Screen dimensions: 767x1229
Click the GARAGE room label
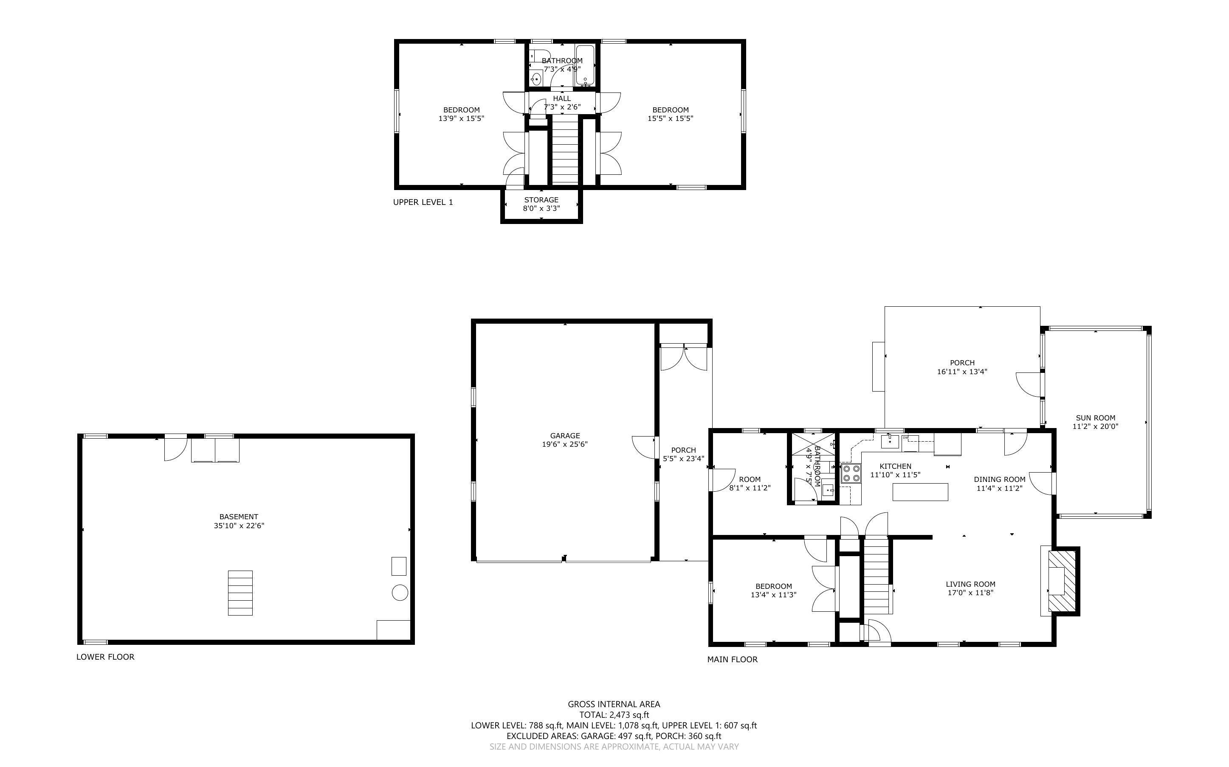[564, 435]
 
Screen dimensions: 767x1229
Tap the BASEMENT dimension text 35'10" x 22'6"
[239, 526]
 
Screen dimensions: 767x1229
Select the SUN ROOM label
[1095, 418]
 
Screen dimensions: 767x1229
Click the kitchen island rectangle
[920, 492]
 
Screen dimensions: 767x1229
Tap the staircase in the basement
[240, 593]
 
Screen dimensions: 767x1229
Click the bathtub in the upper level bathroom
[585, 65]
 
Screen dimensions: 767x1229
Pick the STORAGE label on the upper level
[541, 200]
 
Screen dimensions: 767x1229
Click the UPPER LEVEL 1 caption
[423, 202]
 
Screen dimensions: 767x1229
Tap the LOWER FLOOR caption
[105, 656]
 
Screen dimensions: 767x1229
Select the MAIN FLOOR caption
[732, 659]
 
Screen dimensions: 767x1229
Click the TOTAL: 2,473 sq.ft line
[614, 715]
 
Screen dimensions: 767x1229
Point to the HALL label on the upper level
[561, 98]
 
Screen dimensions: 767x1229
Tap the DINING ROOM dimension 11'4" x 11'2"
[999, 488]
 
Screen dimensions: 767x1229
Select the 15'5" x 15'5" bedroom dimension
[670, 119]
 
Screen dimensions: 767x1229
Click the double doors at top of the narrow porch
[683, 358]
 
